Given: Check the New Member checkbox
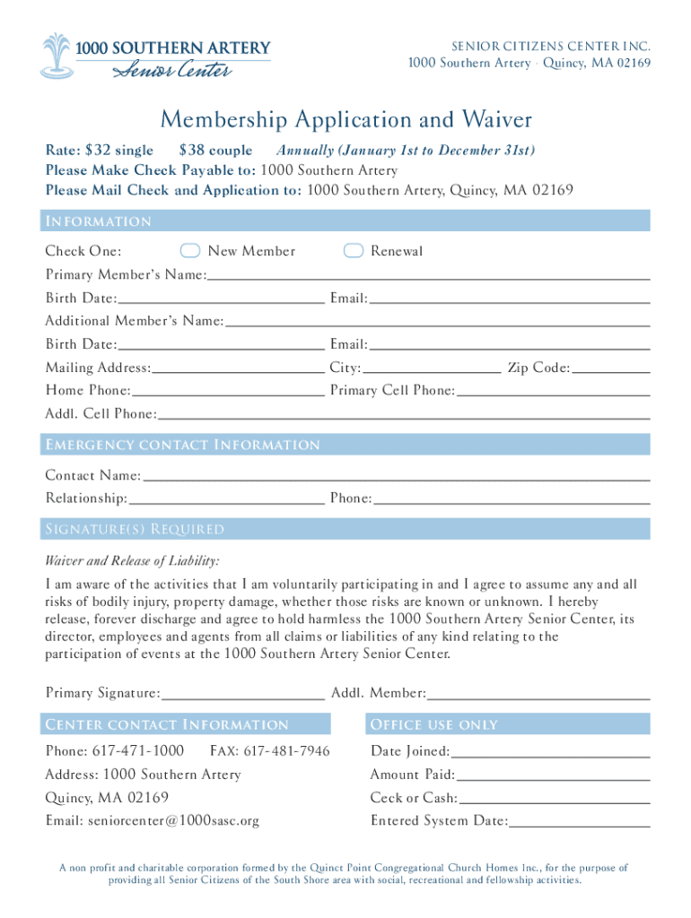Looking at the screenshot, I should coord(189,250).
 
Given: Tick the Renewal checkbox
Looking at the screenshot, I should coord(354,250).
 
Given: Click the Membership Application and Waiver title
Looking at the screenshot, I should coord(345,119).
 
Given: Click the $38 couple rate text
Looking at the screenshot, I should coord(215,151).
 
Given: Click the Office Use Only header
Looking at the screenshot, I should coord(433,724).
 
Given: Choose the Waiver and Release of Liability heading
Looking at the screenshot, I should coord(132,561).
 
